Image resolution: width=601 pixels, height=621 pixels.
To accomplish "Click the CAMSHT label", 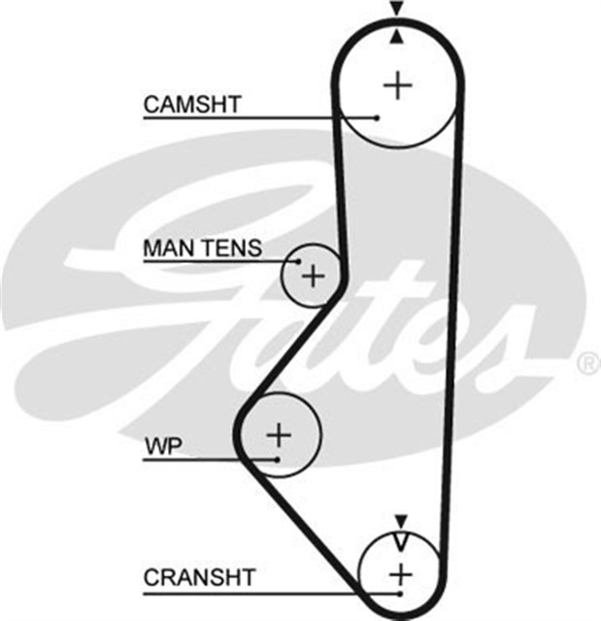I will pyautogui.click(x=192, y=105).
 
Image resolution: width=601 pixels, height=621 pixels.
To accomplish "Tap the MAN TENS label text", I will pyautogui.click(x=202, y=248).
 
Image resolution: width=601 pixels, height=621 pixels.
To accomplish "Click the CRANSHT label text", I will pyautogui.click(x=199, y=578).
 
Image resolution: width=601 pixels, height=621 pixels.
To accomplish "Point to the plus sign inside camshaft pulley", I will pyautogui.click(x=397, y=85).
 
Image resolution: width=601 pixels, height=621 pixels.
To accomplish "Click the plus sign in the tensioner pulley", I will pyautogui.click(x=312, y=277).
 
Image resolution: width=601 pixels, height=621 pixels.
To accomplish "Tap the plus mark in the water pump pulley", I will pyautogui.click(x=279, y=433).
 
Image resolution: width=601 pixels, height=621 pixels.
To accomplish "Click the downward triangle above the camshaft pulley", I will pyautogui.click(x=396, y=9).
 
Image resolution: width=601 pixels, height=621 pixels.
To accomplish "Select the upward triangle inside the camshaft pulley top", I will pyautogui.click(x=396, y=37).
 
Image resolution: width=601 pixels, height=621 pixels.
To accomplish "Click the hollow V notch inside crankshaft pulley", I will pyautogui.click(x=400, y=540).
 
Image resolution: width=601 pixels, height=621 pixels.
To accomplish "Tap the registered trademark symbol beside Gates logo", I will pyautogui.click(x=588, y=364).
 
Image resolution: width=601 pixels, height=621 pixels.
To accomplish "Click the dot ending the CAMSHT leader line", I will pyautogui.click(x=376, y=118).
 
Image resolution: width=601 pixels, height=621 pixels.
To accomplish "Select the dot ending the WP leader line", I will pyautogui.click(x=277, y=458).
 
